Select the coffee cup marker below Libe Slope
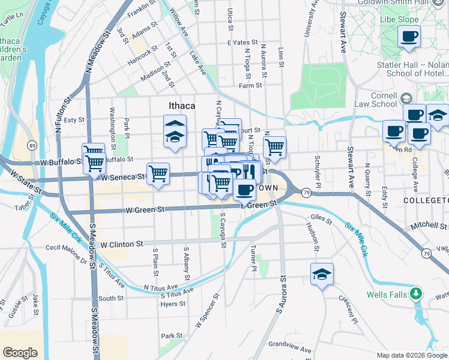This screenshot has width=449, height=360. [409, 36]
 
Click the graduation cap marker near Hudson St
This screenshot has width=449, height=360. [322, 274]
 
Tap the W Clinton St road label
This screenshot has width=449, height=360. [122, 244]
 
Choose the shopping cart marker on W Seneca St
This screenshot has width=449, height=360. [157, 174]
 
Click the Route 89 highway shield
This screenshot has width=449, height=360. [32, 146]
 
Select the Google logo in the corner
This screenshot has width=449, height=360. [20, 353]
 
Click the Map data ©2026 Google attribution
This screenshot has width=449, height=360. [412, 355]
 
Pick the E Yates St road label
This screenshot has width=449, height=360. [243, 43]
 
